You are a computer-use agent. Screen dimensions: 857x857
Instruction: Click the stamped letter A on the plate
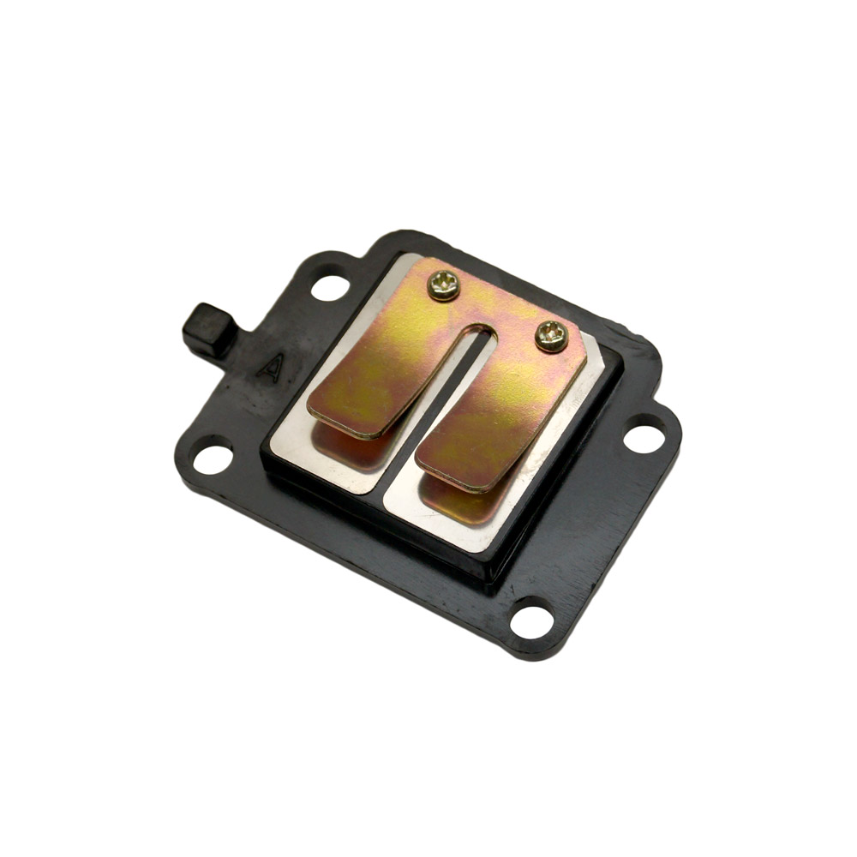pyautogui.click(x=271, y=368)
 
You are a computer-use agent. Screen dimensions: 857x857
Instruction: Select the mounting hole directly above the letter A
pyautogui.click(x=330, y=287)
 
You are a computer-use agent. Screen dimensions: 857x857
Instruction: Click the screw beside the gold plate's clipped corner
pyautogui.click(x=551, y=336)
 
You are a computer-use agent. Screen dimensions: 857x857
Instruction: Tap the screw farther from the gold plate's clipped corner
pyautogui.click(x=443, y=285)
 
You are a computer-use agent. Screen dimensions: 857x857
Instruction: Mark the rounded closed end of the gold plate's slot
pyautogui.click(x=481, y=330)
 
